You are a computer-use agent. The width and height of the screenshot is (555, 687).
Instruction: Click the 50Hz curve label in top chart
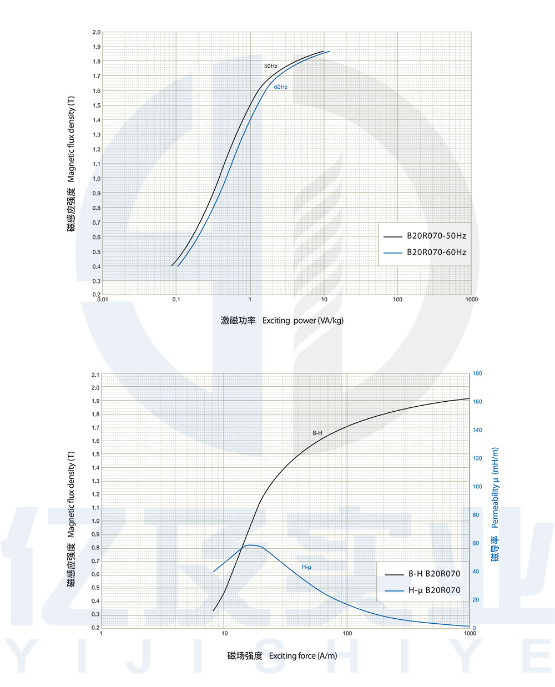271,66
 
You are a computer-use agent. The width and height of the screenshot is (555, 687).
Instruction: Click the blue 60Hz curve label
280,87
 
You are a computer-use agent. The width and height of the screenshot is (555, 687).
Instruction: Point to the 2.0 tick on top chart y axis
97,33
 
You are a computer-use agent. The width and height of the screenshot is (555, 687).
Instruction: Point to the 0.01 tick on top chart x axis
103,300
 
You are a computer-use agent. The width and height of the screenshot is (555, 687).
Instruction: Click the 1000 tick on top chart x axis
471,300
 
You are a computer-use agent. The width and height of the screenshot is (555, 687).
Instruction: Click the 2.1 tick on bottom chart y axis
95,375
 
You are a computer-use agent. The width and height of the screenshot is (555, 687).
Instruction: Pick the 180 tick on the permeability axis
477,373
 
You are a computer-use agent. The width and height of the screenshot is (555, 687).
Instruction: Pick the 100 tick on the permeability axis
477,487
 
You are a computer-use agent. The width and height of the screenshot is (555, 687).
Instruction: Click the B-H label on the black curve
317,433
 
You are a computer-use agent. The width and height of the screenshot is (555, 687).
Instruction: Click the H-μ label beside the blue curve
306,567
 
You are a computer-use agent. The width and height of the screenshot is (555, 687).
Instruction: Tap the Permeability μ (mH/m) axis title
495,488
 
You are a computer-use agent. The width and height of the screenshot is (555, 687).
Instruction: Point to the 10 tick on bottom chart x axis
224,633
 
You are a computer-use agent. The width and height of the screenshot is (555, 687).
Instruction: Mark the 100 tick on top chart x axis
397,300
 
